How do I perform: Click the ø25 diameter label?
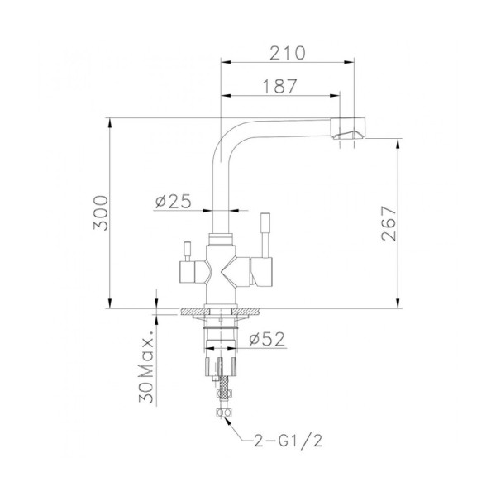click(x=174, y=201)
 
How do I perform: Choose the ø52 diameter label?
click(x=266, y=337)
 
